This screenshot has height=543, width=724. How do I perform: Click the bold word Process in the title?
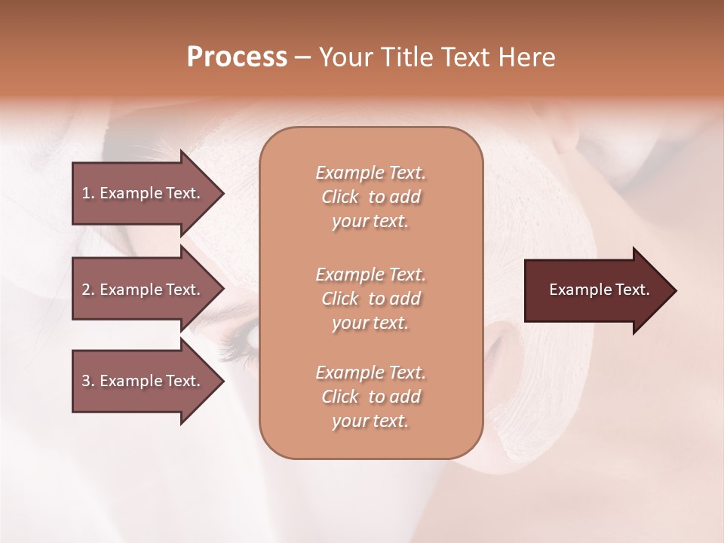click(237, 57)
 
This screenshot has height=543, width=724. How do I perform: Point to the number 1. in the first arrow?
click(88, 193)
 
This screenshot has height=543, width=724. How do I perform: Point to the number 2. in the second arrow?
click(88, 290)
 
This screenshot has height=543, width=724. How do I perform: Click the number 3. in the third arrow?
click(88, 381)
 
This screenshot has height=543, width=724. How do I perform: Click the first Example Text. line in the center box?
click(370, 173)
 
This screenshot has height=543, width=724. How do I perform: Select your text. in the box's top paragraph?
click(370, 222)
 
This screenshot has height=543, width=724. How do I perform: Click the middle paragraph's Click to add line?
click(370, 299)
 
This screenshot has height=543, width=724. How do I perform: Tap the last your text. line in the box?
click(370, 421)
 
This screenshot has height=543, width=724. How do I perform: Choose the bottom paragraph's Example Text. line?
click(370, 373)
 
